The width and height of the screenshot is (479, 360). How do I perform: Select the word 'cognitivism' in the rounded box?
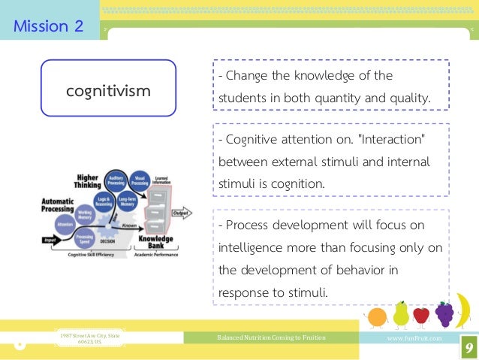(x=108, y=90)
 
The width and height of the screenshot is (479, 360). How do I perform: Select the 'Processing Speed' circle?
(x=85, y=238)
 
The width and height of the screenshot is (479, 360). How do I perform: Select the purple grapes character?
(x=444, y=313)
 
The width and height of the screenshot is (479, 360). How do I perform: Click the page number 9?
(x=468, y=347)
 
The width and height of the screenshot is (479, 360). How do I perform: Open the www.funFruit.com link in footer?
(x=413, y=338)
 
